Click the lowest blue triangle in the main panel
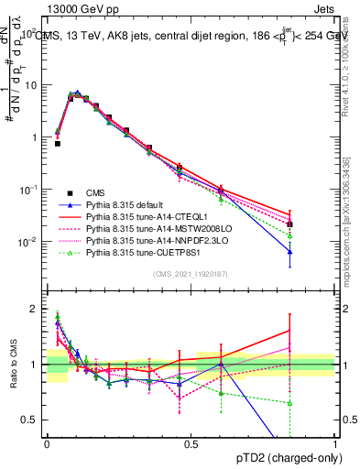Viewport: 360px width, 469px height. coord(289,252)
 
